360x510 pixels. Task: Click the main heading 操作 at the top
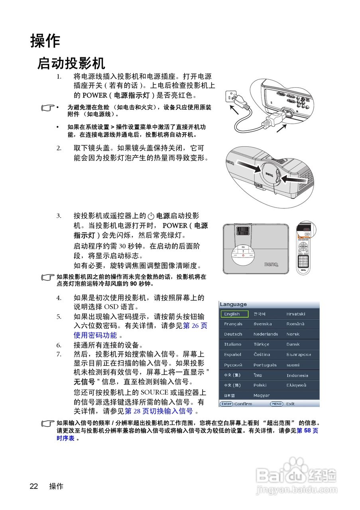[45, 41]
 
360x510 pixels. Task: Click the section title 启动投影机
[71, 63]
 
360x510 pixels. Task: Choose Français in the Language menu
[233, 324]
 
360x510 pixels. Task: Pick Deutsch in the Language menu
[233, 334]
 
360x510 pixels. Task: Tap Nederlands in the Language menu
[266, 334]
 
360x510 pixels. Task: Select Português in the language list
[265, 365]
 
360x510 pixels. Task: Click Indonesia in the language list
[297, 375]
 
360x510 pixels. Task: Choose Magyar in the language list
[262, 396]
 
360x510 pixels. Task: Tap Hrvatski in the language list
[296, 314]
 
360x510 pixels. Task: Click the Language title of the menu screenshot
[233, 304]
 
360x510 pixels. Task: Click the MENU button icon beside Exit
[276, 404]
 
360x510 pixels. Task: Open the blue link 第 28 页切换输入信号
[159, 411]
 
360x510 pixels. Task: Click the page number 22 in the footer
[34, 486]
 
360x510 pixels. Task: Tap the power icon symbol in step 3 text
[150, 216]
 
